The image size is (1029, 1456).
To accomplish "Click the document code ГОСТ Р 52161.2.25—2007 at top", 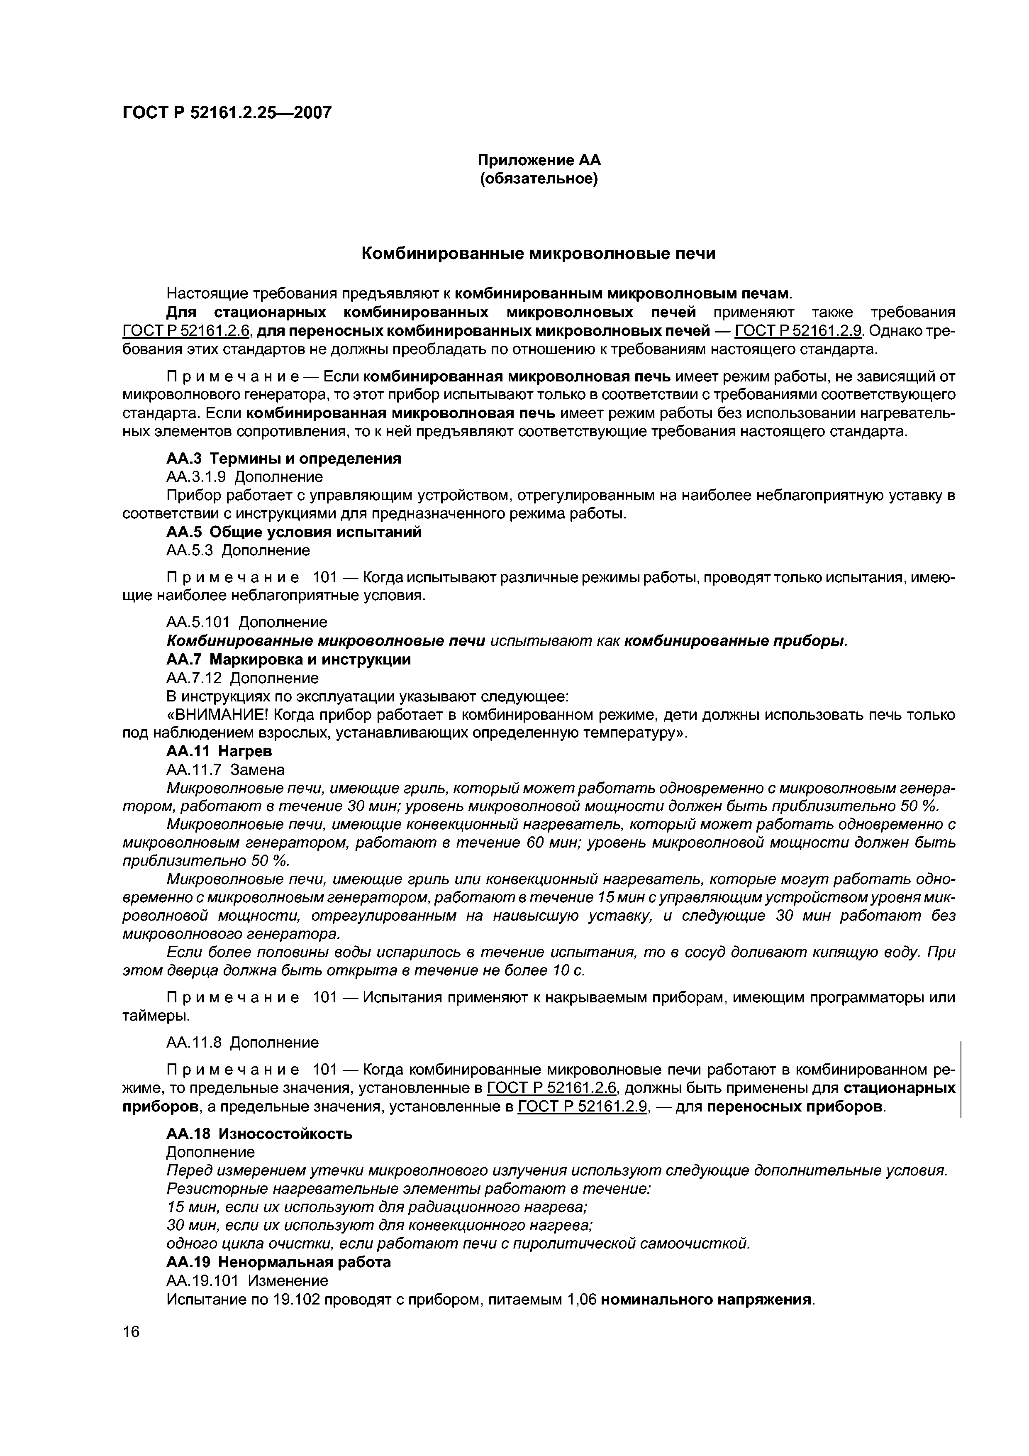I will click(x=227, y=113).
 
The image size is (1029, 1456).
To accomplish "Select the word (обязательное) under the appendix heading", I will click(x=538, y=179).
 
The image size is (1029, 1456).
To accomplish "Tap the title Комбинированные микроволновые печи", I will click(x=538, y=254).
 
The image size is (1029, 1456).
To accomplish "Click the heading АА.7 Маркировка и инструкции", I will click(x=288, y=660).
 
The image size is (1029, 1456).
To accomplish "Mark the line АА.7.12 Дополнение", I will click(x=242, y=678).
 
